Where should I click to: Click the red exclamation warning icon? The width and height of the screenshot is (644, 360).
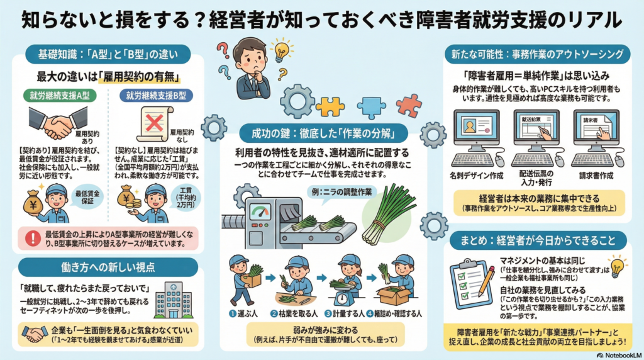click(31, 237)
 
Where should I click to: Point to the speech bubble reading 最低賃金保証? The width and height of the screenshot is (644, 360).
click(88, 195)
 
